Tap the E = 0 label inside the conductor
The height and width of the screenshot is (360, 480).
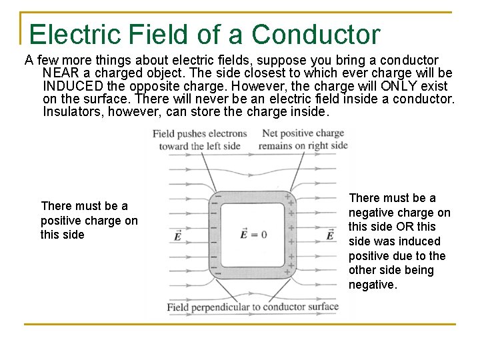[253, 234]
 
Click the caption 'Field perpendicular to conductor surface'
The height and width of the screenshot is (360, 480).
[253, 307]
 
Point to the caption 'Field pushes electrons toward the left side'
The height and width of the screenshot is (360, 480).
[199, 139]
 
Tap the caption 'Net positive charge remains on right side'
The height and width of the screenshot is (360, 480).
[303, 139]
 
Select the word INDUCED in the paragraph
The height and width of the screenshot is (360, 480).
[73, 86]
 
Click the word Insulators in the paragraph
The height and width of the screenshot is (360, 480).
[71, 112]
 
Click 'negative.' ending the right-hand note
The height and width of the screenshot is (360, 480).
[373, 285]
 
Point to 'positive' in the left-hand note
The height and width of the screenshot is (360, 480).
[62, 221]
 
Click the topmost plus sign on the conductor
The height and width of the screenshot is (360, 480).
[288, 198]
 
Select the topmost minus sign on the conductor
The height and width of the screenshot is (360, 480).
[215, 198]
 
